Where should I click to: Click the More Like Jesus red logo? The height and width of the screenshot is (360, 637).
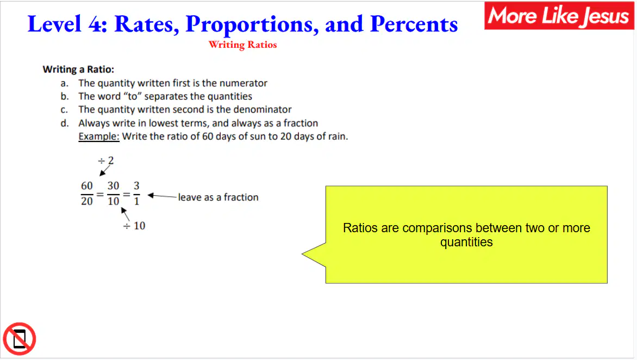[x=559, y=15]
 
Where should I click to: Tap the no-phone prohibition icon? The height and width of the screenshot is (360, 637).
[x=20, y=339]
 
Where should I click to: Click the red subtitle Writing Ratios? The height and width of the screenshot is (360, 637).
[x=242, y=45]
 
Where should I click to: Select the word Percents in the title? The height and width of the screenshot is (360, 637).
[x=414, y=24]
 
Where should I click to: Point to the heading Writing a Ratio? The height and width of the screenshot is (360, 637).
[x=78, y=69]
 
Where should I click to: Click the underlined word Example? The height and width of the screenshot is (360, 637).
[x=99, y=136]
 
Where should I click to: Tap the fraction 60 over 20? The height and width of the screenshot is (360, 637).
[x=87, y=194]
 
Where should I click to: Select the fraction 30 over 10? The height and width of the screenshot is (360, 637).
[x=114, y=194]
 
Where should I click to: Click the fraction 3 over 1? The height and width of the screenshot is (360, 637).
[x=136, y=194]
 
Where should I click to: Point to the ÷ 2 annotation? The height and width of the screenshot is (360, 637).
[x=106, y=160]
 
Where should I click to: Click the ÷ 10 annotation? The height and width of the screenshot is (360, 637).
[x=134, y=226]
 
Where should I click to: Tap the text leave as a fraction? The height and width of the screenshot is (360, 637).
[x=218, y=197]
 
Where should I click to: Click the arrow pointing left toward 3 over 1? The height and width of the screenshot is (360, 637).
[x=162, y=196]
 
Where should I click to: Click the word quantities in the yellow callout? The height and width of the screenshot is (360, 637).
[x=466, y=242]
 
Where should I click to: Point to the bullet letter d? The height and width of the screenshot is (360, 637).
[x=65, y=123]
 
